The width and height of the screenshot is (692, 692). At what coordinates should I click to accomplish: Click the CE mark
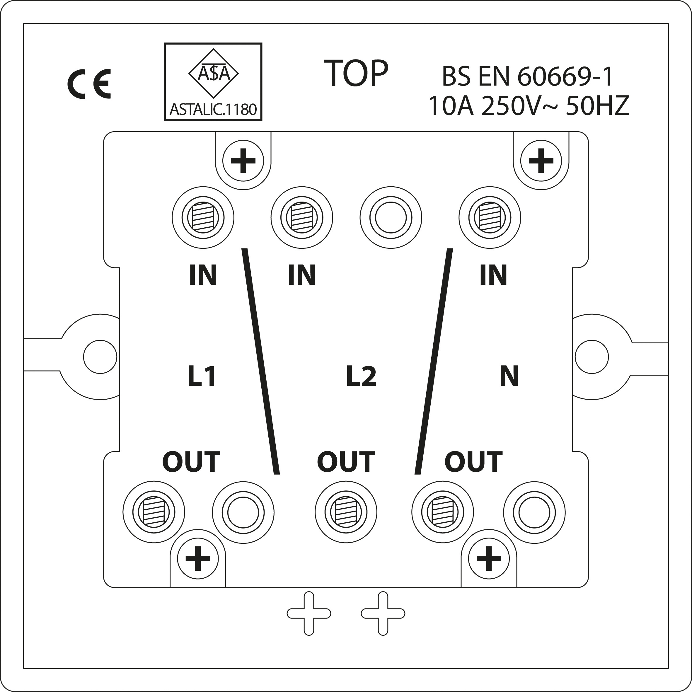[89, 84]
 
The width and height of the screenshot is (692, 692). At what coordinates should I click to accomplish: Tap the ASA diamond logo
[214, 74]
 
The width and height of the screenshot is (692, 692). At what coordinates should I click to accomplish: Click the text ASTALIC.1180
[213, 109]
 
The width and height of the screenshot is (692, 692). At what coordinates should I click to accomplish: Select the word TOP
[356, 74]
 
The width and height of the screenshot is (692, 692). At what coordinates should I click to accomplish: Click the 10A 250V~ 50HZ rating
[529, 106]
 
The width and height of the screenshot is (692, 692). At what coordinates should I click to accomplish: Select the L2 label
[361, 376]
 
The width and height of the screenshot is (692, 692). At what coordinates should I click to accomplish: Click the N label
[509, 376]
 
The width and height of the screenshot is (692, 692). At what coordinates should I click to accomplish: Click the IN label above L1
[203, 275]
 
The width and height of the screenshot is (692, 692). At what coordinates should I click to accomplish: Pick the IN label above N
[493, 275]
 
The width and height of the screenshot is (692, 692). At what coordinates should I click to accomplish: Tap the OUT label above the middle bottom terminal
[346, 462]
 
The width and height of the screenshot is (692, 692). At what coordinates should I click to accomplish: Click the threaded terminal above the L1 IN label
[203, 217]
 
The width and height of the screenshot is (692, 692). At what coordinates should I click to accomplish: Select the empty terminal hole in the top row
[391, 217]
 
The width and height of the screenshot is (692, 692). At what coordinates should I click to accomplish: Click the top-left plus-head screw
[243, 161]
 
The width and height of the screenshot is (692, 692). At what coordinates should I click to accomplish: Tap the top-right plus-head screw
[541, 161]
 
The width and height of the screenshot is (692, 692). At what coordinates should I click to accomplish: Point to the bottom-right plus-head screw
[489, 558]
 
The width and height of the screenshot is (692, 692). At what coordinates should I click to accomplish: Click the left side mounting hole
[100, 357]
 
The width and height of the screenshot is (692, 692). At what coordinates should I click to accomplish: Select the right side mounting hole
[592, 357]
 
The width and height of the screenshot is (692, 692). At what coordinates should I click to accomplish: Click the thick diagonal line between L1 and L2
[261, 361]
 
